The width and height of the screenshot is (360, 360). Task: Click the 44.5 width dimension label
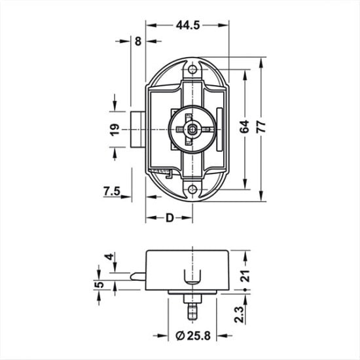(x=187, y=25)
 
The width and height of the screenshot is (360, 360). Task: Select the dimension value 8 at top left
(x=137, y=41)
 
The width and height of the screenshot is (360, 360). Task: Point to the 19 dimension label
(x=113, y=128)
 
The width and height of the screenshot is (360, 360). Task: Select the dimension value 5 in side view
(x=98, y=285)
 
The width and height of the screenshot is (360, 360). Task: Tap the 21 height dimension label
(x=245, y=276)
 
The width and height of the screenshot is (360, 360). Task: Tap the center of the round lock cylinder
(x=190, y=129)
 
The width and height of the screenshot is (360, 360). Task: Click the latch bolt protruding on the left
(x=137, y=130)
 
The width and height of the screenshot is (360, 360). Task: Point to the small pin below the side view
(x=191, y=308)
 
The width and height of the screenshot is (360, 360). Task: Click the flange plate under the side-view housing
(x=191, y=292)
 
